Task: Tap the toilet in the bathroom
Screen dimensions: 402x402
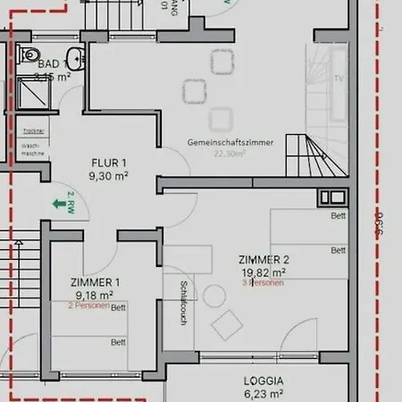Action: click(33, 55)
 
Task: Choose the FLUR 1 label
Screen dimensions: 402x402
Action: click(109, 163)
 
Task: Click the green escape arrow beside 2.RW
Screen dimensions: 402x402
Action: click(61, 205)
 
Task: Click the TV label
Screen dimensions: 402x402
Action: click(339, 78)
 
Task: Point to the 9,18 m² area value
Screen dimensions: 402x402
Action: click(94, 295)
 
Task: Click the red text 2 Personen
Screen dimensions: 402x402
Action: click(89, 306)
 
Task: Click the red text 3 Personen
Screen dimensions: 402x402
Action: click(263, 282)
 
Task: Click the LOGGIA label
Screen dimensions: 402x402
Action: click(264, 380)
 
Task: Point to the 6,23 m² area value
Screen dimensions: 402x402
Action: click(264, 392)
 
